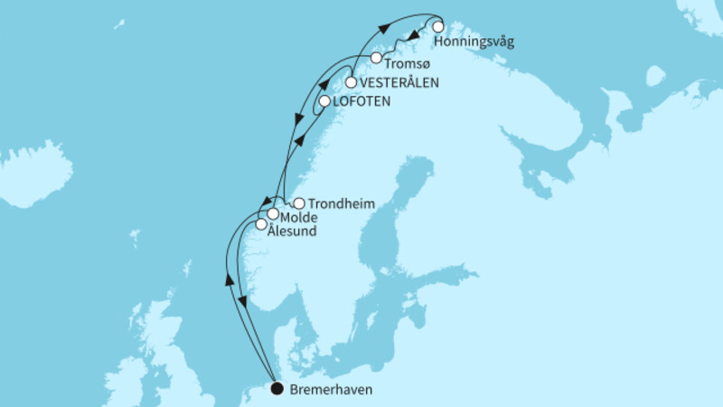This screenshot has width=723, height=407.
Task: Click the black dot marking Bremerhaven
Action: coord(277,390)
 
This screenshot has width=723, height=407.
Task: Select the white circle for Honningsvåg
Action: coord(438,26)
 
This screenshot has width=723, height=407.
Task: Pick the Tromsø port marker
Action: coord(377,58)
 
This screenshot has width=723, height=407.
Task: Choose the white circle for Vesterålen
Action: coord(351,82)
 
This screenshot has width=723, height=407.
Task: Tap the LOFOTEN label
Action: coord(362,101)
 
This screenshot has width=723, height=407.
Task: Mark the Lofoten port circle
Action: coord(324,102)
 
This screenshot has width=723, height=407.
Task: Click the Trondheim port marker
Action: coord(299,204)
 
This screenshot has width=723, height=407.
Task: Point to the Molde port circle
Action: coord(272,213)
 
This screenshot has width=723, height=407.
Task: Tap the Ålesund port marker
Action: coord(261,224)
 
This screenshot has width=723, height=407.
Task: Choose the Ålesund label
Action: coord(292,233)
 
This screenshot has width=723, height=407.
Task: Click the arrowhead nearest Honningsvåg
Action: coord(411,37)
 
